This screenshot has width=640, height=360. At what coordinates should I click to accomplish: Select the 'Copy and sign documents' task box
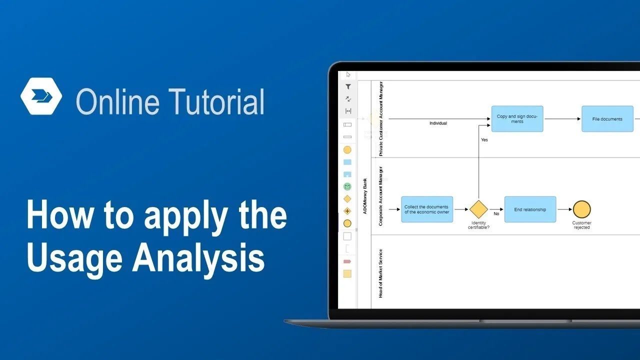click(517, 119)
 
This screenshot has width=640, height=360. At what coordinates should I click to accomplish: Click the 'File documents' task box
click(607, 119)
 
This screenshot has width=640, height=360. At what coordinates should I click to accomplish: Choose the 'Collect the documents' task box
click(426, 209)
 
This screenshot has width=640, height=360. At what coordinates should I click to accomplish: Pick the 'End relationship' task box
click(530, 209)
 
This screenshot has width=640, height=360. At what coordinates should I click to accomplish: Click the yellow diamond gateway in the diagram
click(478, 209)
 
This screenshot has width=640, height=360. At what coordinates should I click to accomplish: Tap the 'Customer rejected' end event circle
click(581, 209)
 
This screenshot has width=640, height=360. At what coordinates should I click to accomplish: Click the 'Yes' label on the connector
click(484, 140)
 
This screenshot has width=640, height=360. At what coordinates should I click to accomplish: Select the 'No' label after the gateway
click(496, 213)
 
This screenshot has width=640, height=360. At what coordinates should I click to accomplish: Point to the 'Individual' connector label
click(438, 123)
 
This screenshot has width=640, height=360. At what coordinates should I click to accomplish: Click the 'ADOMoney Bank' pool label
click(365, 196)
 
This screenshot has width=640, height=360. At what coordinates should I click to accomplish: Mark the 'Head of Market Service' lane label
click(380, 273)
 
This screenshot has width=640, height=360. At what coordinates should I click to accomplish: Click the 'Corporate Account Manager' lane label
click(380, 196)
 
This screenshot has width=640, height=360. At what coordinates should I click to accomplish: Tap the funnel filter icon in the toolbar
click(348, 87)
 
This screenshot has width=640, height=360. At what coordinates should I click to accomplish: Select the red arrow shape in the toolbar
click(347, 261)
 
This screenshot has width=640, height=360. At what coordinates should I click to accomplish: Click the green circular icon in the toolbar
click(347, 186)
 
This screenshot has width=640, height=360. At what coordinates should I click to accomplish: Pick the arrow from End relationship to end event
click(564, 209)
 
